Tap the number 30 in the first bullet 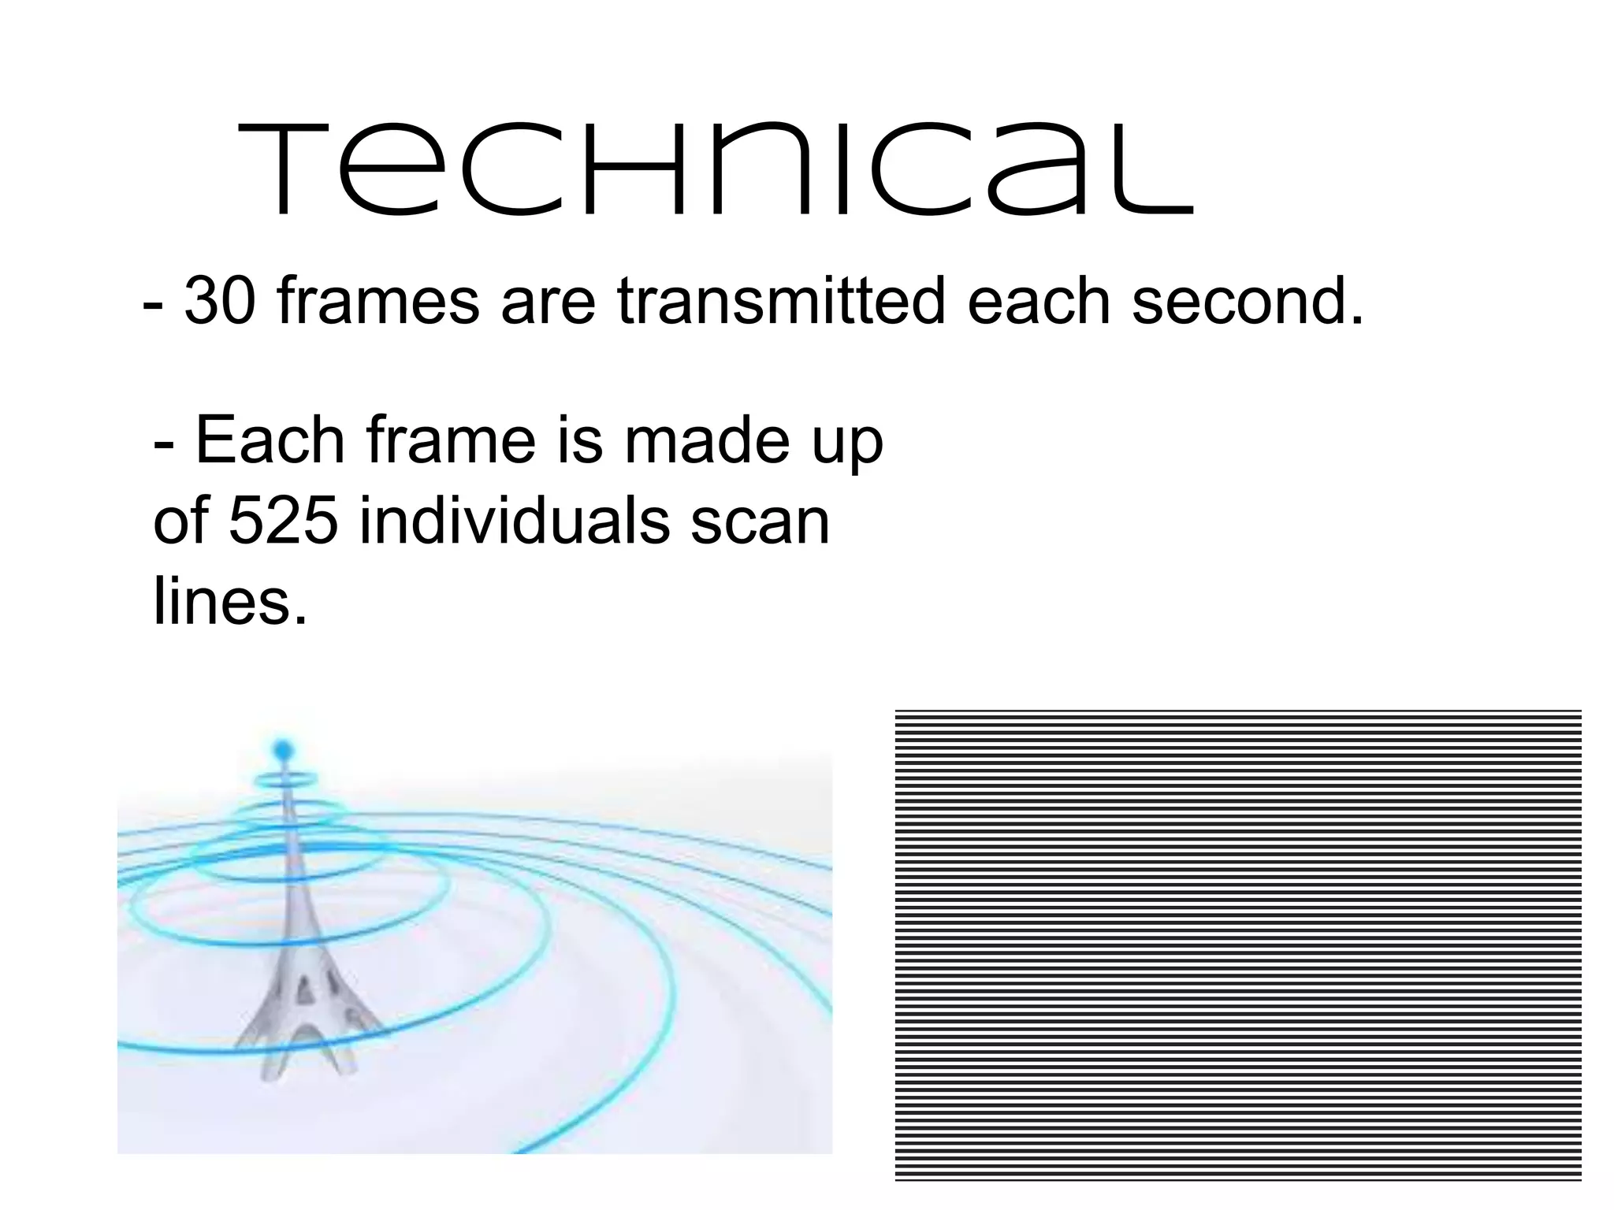(x=220, y=302)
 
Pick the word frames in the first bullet (x=379, y=302)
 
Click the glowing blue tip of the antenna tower (x=282, y=746)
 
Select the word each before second (x=1039, y=302)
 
